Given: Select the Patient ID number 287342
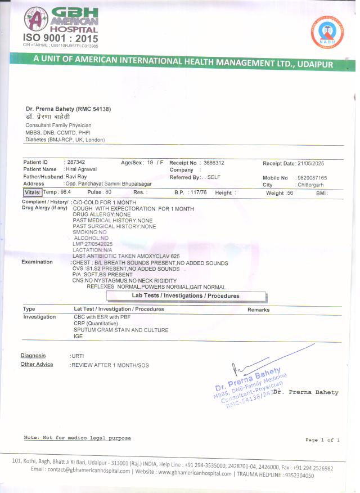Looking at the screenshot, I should click(76, 162).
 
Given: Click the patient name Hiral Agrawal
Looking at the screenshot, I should click(81, 169).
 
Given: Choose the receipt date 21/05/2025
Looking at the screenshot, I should click(312, 163).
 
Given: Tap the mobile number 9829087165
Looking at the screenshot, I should click(312, 178).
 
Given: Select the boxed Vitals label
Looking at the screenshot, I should click(32, 192).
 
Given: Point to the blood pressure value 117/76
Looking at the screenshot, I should click(199, 192).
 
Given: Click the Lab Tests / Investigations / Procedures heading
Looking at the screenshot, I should click(186, 295).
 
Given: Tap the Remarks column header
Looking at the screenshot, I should click(258, 310).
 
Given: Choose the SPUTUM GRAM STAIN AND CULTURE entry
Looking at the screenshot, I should click(121, 330).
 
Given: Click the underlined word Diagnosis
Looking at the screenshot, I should click(33, 356).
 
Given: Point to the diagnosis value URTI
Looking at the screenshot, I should click(77, 356).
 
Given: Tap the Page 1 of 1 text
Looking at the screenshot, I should click(322, 440).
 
